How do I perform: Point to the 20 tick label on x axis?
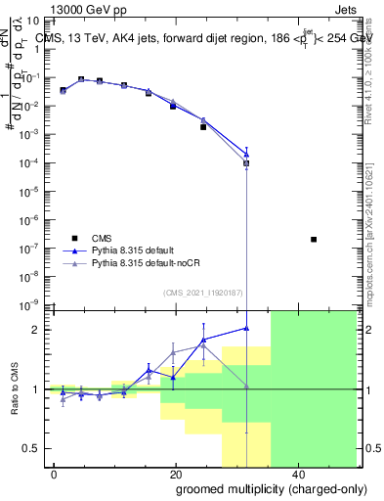175,473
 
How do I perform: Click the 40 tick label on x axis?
296,473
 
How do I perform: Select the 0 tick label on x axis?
55,473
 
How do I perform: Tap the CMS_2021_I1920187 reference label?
201,293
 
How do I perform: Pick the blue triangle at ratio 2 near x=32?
246,328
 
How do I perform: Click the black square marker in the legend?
74,238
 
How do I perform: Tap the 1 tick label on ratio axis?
38,389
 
